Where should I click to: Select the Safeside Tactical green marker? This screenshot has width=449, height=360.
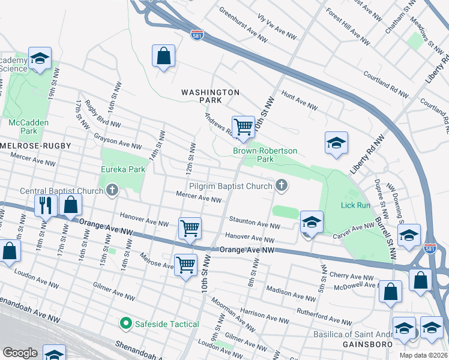pyautogui.click(x=125, y=324)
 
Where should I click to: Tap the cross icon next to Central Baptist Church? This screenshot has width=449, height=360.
pyautogui.click(x=112, y=191)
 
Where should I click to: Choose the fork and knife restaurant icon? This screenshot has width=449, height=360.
pyautogui.click(x=46, y=205)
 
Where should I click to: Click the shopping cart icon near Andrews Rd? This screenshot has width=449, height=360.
pyautogui.click(x=243, y=127)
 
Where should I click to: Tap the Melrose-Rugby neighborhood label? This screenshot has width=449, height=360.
pyautogui.click(x=36, y=146)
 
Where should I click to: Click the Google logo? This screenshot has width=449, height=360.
pyautogui.click(x=20, y=353)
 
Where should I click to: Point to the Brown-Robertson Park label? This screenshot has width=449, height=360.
pyautogui.click(x=265, y=155)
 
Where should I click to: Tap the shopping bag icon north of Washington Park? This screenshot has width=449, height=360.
pyautogui.click(x=163, y=56)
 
